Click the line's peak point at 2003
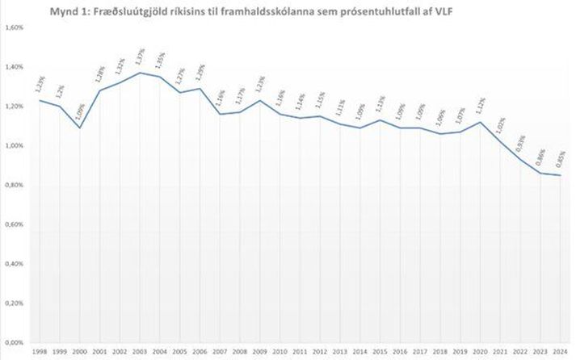pos(139,73)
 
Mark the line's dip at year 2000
pos(79,128)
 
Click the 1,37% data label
pos(139,58)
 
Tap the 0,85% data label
pos(558,161)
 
